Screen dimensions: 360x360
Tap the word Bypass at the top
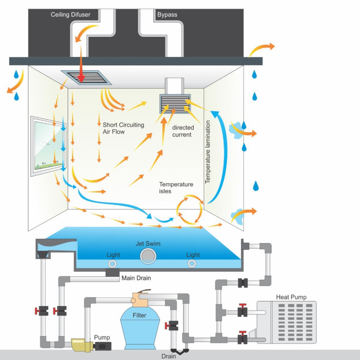(166, 15)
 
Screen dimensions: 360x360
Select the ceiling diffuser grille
(86, 78)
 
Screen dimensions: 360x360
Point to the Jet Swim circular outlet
(148, 256)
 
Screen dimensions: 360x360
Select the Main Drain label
(136, 278)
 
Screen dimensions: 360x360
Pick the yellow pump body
(82, 345)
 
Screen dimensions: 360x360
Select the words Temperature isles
(176, 188)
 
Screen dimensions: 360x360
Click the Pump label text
(102, 337)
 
